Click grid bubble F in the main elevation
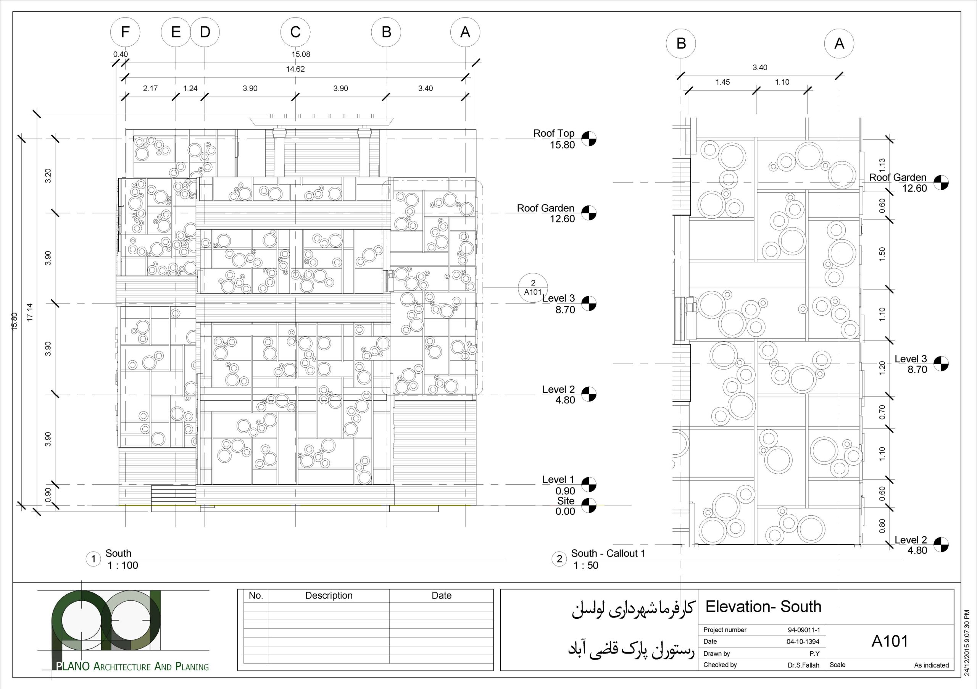coord(125,32)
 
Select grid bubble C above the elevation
coord(295,32)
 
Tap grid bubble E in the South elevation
coord(176,32)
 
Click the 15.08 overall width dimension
coord(300,54)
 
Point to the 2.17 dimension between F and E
coord(150,89)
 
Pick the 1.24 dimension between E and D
coord(190,89)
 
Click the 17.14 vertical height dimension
coord(29,312)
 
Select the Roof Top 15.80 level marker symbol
coord(589,139)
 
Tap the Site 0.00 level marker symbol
coord(589,505)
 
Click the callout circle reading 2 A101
coord(533,288)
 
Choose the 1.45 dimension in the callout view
coord(722,82)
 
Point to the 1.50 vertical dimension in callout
coord(882,254)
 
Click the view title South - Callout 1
coord(608,553)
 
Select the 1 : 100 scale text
coord(123,565)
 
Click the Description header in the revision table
coord(329,595)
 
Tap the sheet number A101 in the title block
coord(889,641)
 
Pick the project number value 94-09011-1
coord(804,630)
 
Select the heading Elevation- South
coord(763,607)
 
